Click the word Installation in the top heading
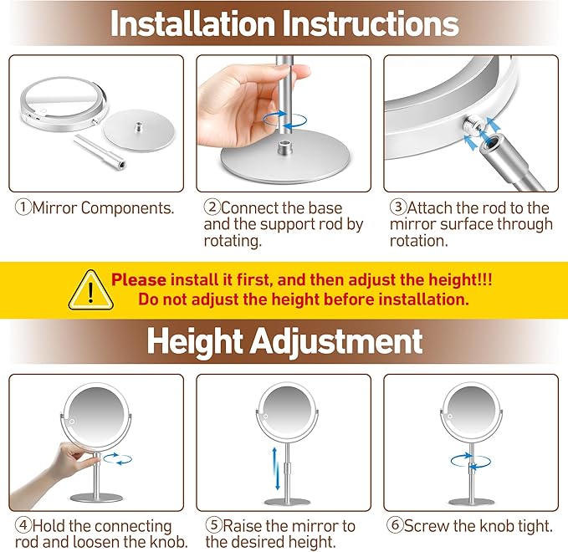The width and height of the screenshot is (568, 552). (193, 23)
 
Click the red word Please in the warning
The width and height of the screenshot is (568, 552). (139, 280)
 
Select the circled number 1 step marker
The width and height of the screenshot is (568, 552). (23, 207)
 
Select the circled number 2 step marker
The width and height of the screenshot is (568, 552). (212, 207)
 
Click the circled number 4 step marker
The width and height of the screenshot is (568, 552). (23, 526)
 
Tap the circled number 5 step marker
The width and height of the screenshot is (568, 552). (213, 526)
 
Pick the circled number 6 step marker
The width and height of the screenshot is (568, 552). (395, 526)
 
